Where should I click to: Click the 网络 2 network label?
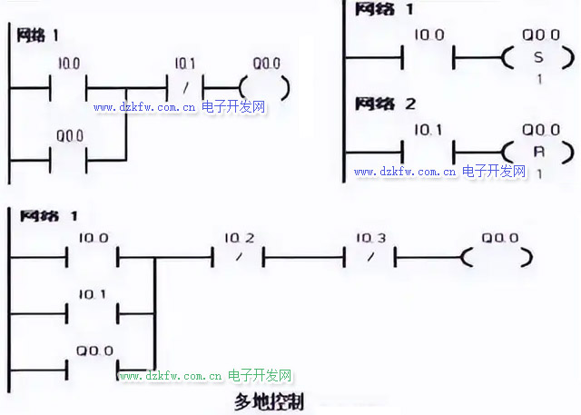(385, 104)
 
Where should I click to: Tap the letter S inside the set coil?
(539, 58)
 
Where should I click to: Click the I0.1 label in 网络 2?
(428, 130)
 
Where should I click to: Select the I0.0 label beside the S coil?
(428, 36)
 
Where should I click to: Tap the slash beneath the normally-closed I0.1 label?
(185, 88)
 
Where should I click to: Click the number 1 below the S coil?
(539, 79)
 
